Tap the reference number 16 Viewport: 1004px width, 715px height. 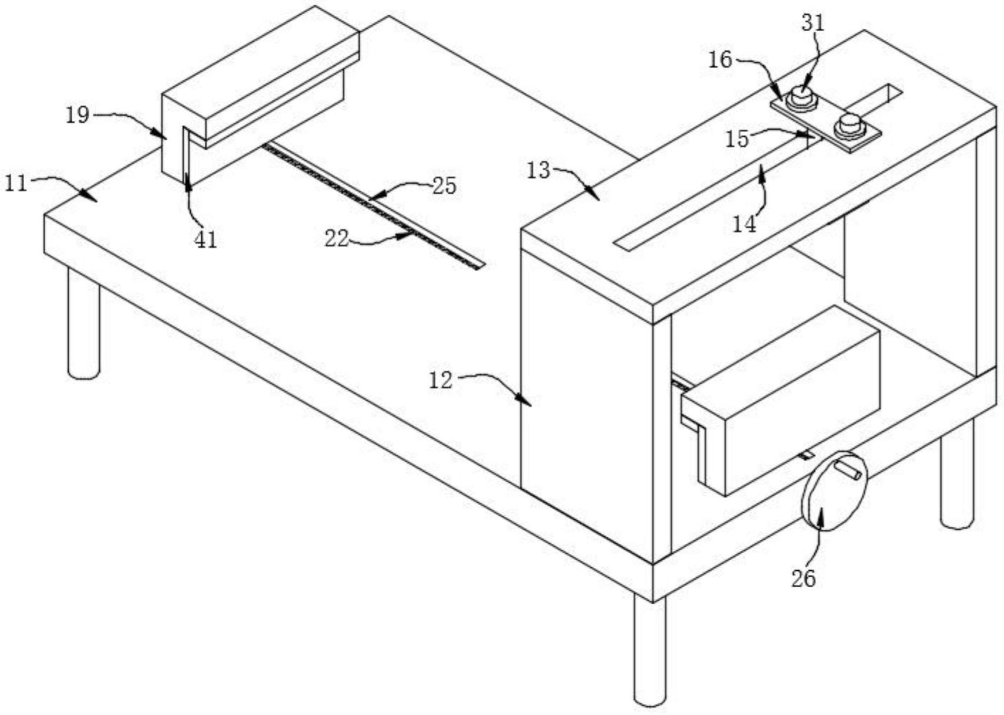point(720,60)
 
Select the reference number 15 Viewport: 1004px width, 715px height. point(737,139)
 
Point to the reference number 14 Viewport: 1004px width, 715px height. point(744,224)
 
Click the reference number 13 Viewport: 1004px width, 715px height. point(538,170)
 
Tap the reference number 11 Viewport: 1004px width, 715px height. point(16,183)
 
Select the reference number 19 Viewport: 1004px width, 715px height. point(77,115)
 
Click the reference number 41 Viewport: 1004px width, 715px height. point(205,240)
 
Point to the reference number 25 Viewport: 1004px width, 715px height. point(444,185)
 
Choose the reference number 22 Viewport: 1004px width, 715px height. point(337,239)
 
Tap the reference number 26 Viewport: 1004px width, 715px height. point(803,579)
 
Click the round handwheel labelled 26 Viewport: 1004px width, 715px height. point(834,491)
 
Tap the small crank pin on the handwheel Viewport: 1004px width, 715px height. point(847,471)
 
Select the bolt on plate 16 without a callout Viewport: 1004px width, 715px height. point(849,126)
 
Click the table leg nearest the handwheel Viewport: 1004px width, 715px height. point(958,474)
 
